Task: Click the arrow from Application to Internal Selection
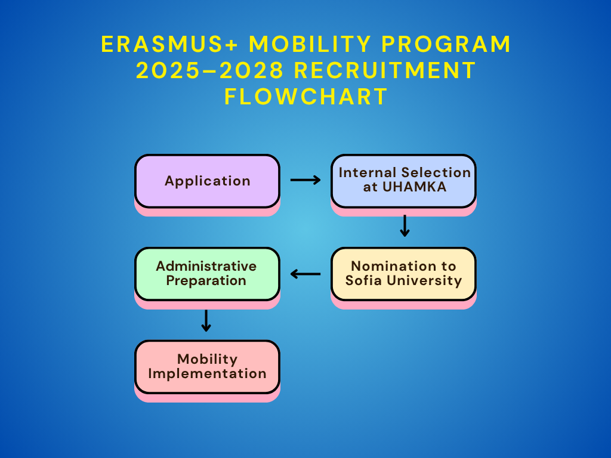point(305,180)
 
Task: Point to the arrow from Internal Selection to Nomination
point(405,226)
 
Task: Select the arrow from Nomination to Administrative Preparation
point(305,274)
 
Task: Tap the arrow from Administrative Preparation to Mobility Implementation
point(206,320)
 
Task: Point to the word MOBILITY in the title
point(310,44)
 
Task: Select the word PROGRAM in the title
point(446,44)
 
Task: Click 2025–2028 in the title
point(209,70)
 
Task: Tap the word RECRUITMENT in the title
point(385,70)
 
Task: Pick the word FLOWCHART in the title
point(306,97)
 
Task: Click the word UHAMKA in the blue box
point(414,187)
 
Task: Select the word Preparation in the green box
point(206,281)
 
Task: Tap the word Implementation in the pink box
point(207,374)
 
